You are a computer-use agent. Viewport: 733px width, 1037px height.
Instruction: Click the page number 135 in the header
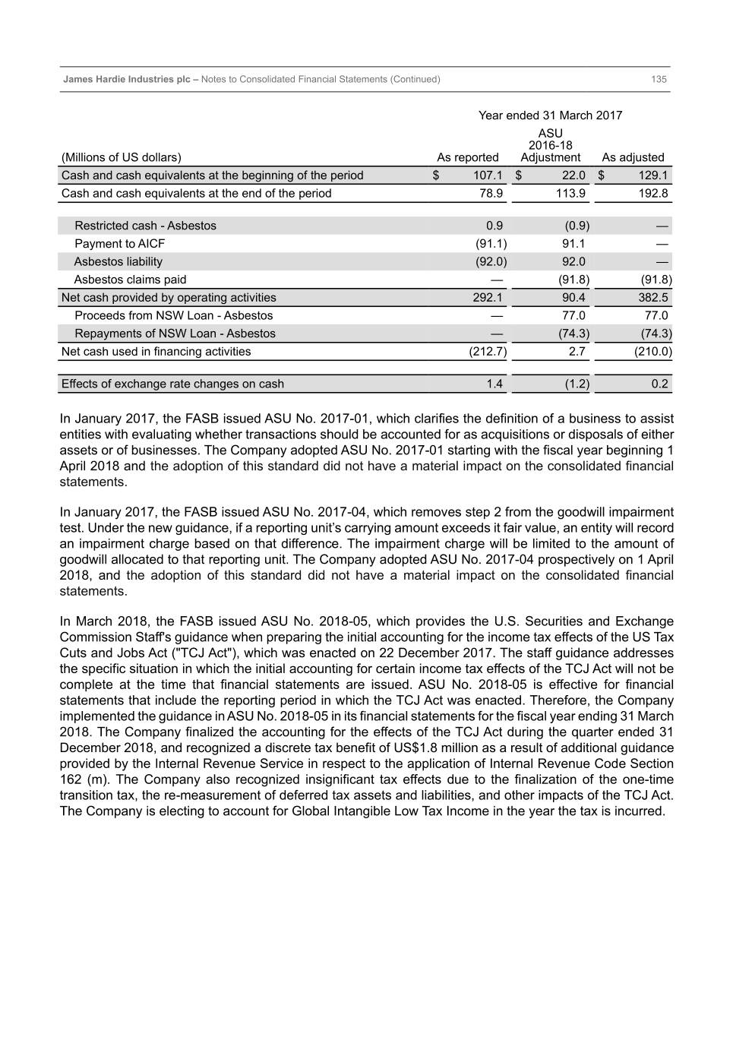tap(659, 79)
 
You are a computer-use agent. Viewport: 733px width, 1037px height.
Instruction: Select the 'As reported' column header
tap(467, 157)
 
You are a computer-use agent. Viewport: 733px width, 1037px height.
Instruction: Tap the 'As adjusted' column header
tap(633, 157)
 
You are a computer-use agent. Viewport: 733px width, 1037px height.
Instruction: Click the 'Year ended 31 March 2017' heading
tap(550, 115)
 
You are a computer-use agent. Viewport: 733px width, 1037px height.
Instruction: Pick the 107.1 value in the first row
tap(488, 175)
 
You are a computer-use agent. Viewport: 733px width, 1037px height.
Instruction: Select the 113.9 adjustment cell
tap(570, 194)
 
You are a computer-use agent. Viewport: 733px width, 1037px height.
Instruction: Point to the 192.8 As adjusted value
tap(653, 194)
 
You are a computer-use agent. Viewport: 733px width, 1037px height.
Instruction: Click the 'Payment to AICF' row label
tap(119, 244)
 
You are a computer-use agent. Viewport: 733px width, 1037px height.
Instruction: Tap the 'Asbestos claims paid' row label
tap(130, 280)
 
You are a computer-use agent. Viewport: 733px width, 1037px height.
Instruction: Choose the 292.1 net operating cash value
tap(488, 298)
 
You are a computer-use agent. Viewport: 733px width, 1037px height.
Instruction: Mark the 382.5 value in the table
tap(653, 298)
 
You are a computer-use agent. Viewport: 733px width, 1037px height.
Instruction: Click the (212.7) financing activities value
tap(488, 352)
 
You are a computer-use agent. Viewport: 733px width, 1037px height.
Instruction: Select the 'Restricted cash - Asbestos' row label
tap(145, 226)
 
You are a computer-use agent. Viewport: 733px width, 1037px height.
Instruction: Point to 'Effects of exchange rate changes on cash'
tap(172, 384)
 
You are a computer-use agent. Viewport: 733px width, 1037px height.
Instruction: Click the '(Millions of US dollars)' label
tap(121, 157)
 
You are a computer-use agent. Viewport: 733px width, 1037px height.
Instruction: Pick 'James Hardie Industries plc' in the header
tap(127, 79)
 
